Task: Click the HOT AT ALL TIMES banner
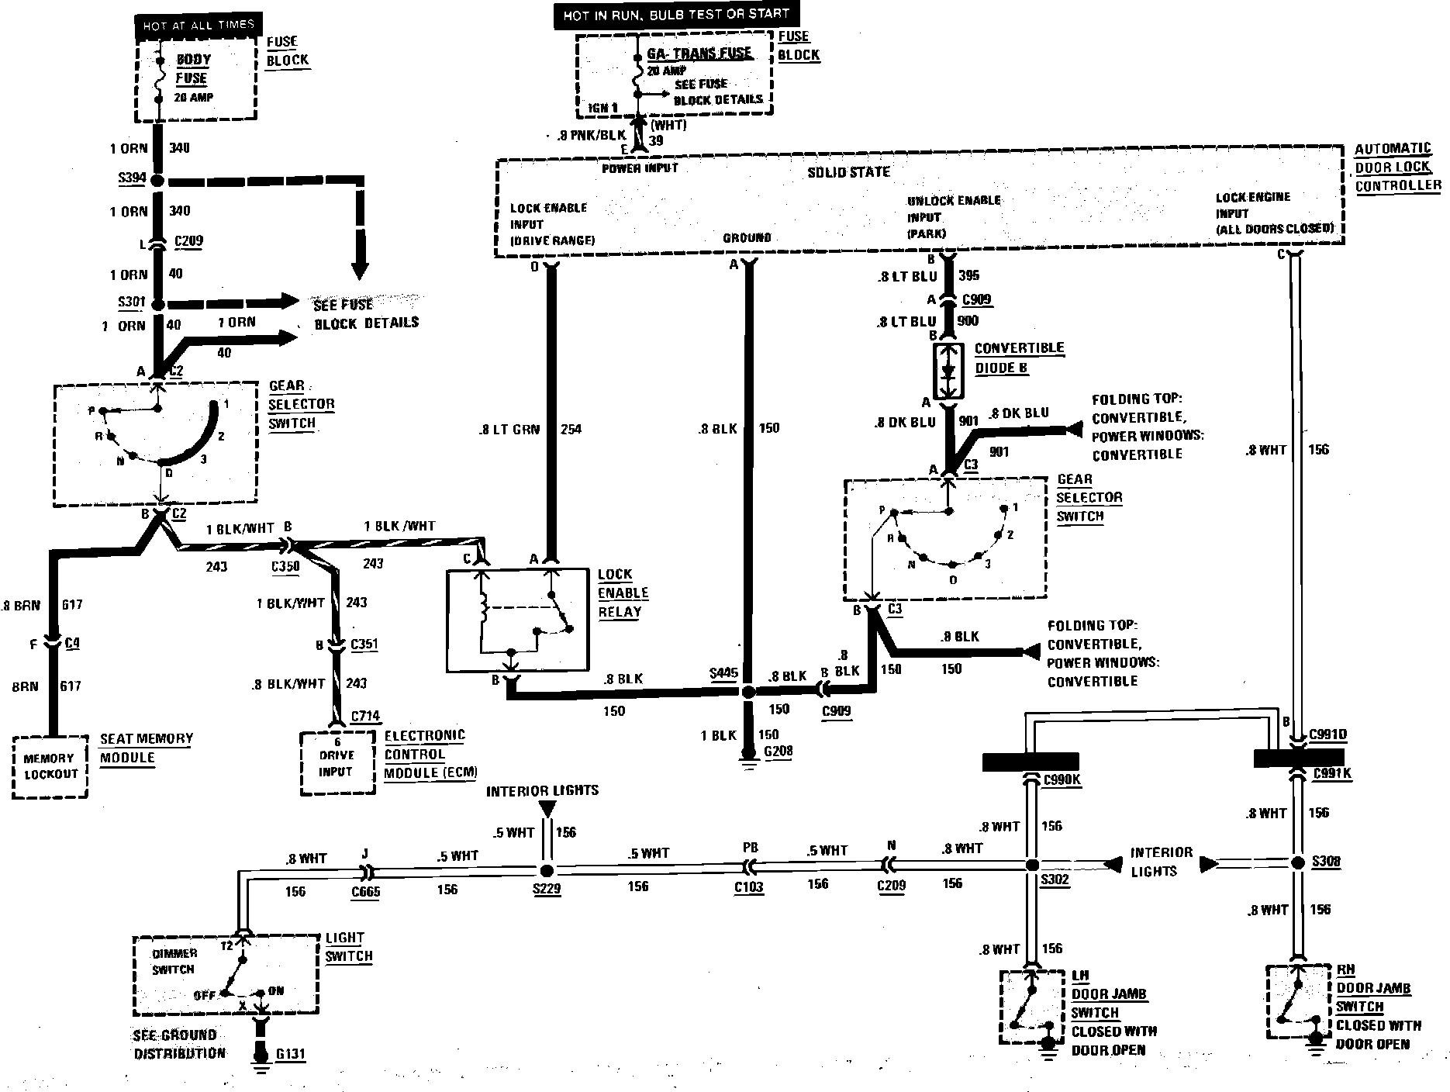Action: pyautogui.click(x=198, y=26)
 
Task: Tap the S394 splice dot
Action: pyautogui.click(x=157, y=181)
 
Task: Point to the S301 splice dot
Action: pyautogui.click(x=157, y=304)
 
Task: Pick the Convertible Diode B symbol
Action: pyautogui.click(x=948, y=371)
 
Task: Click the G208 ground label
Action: pyautogui.click(x=778, y=751)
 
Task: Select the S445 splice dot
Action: pyautogui.click(x=747, y=692)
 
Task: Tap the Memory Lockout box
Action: pyautogui.click(x=50, y=766)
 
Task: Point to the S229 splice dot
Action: pyautogui.click(x=547, y=869)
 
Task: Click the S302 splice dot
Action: pyautogui.click(x=1031, y=866)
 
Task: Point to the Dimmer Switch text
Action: pyautogui.click(x=174, y=961)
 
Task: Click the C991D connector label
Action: pyautogui.click(x=1327, y=734)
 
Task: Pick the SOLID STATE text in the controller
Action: pyautogui.click(x=848, y=171)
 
